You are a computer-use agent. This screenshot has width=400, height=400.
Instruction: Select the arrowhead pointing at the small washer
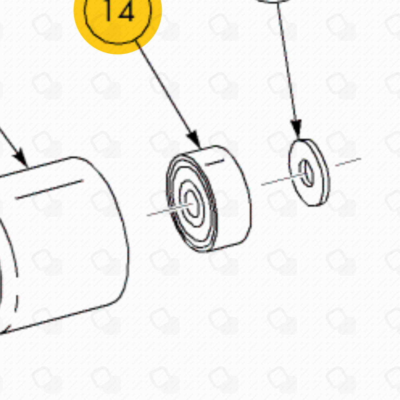pyautogui.click(x=296, y=129)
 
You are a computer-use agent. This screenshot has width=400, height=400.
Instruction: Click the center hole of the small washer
pyautogui.click(x=306, y=173)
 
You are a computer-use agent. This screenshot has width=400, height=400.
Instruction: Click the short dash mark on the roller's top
pyautogui.click(x=215, y=163)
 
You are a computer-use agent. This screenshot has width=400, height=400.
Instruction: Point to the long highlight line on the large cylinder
pyautogui.click(x=49, y=190)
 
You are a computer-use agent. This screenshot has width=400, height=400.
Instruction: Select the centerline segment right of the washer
pyautogui.click(x=348, y=162)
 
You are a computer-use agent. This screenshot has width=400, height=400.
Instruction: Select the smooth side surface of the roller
pyautogui.click(x=232, y=199)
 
